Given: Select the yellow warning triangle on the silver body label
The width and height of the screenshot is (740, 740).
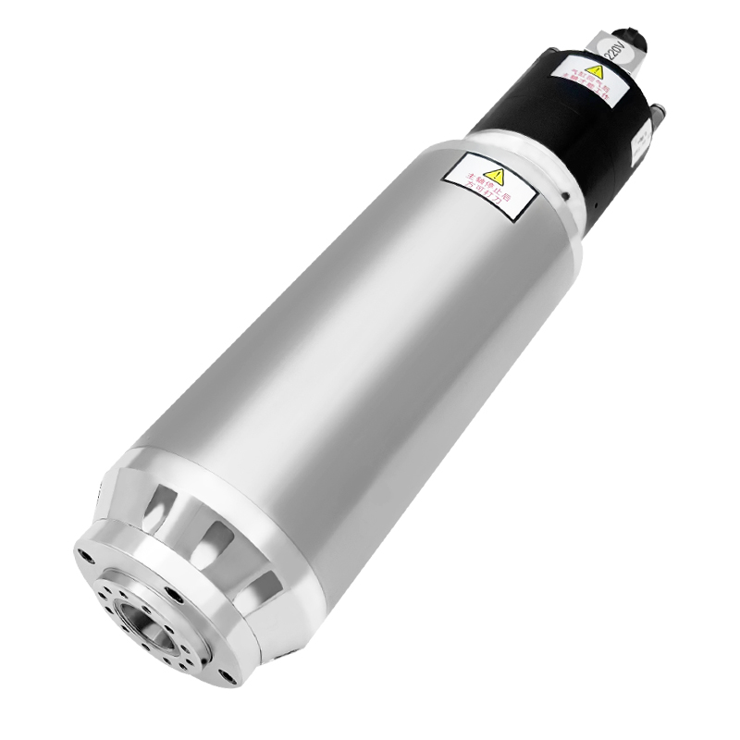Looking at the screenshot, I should click(x=497, y=174).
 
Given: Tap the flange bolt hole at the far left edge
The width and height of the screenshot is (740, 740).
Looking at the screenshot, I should click(x=86, y=557).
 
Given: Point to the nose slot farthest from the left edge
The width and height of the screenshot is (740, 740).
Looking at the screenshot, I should click(x=264, y=586).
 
